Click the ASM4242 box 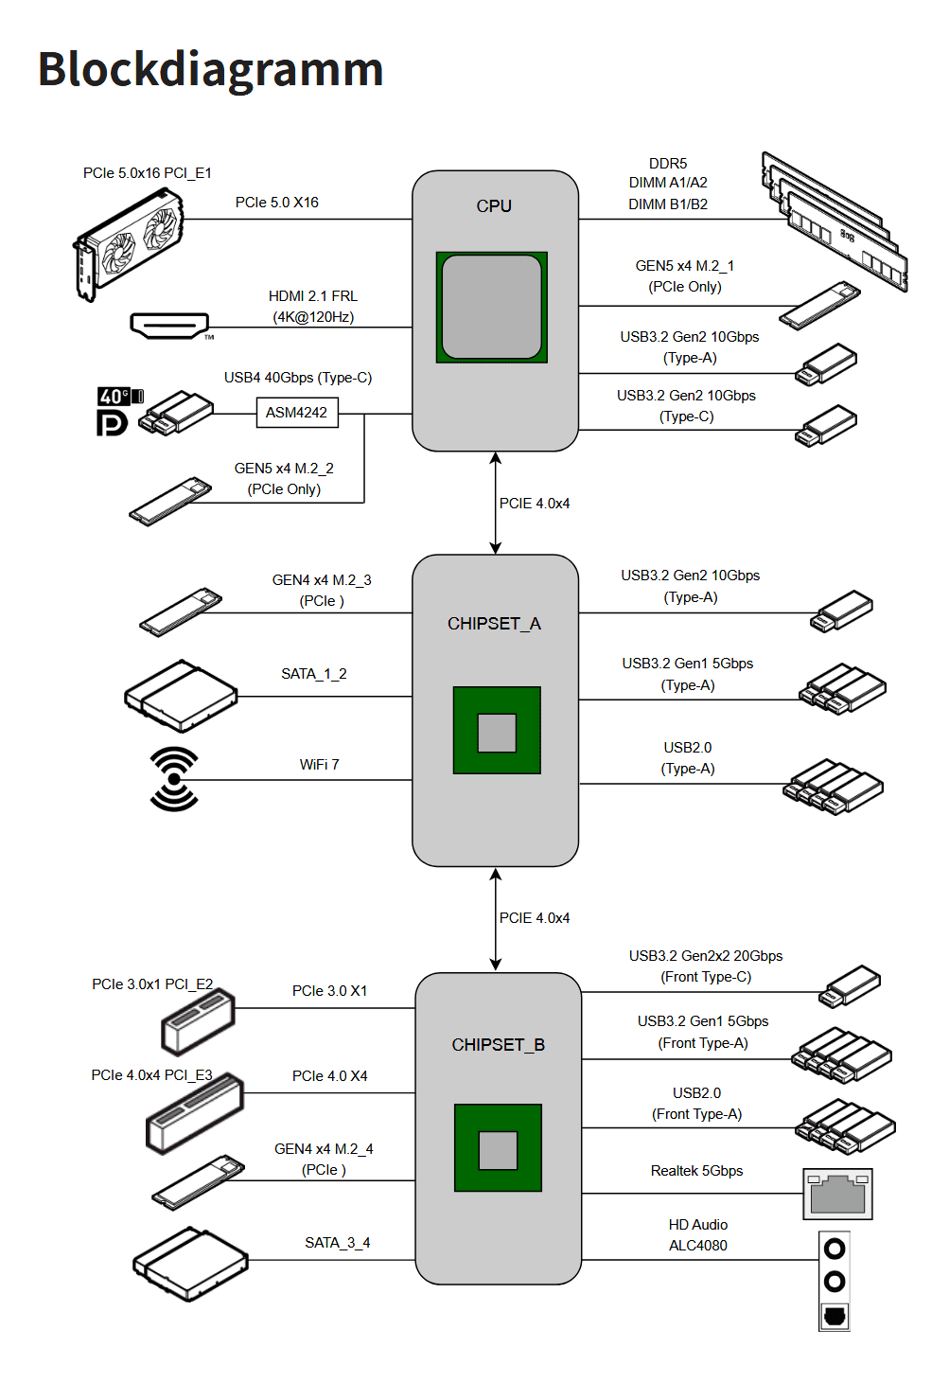[x=297, y=413]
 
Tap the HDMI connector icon [x=169, y=326]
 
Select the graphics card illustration [x=129, y=244]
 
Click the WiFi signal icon [x=174, y=779]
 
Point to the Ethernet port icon [x=837, y=1194]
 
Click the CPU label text [x=494, y=206]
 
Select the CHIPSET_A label [x=494, y=624]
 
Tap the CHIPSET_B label [x=498, y=1045]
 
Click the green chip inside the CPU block [x=491, y=308]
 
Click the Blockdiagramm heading [x=210, y=70]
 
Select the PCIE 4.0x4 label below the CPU [x=535, y=504]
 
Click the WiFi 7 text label [x=319, y=765]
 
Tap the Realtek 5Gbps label [x=696, y=1171]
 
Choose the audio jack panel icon [x=835, y=1282]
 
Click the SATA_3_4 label [x=337, y=1243]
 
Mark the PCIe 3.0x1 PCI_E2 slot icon [x=198, y=1022]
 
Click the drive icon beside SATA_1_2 [x=181, y=697]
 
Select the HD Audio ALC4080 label [x=698, y=1235]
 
